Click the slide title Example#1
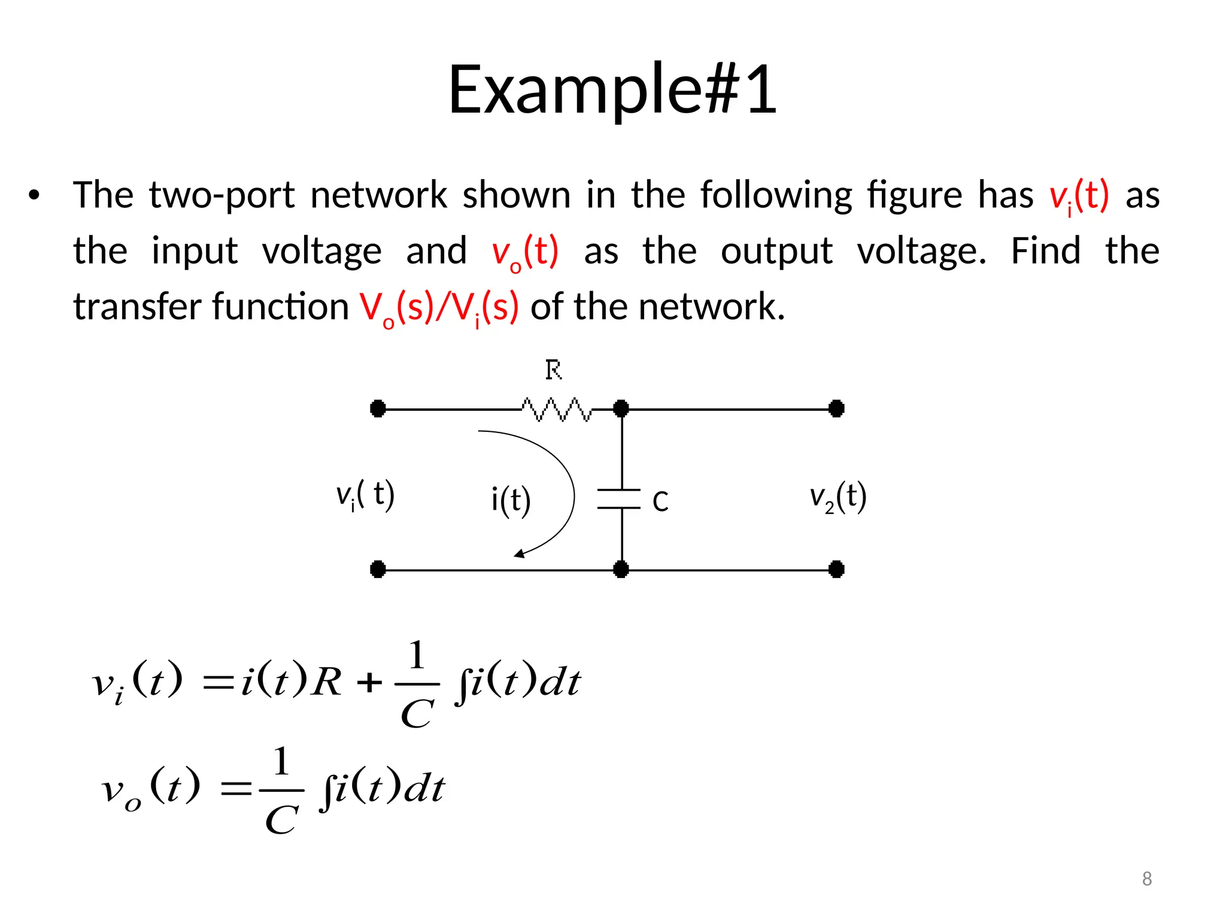(x=612, y=90)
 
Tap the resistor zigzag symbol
(x=556, y=409)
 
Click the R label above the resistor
(x=554, y=370)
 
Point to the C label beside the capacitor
(x=660, y=502)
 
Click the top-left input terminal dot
(x=378, y=409)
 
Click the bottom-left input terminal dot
(x=378, y=569)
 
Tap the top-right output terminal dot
(x=836, y=409)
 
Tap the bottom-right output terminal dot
(x=836, y=569)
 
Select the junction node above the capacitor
(x=621, y=409)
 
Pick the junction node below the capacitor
(x=621, y=569)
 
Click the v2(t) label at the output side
(x=838, y=497)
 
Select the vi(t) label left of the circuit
(x=365, y=496)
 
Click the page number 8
(x=1147, y=879)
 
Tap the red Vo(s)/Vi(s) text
(x=439, y=307)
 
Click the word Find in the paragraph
(x=1045, y=251)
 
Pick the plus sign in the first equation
(x=369, y=682)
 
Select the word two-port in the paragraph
(x=221, y=195)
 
